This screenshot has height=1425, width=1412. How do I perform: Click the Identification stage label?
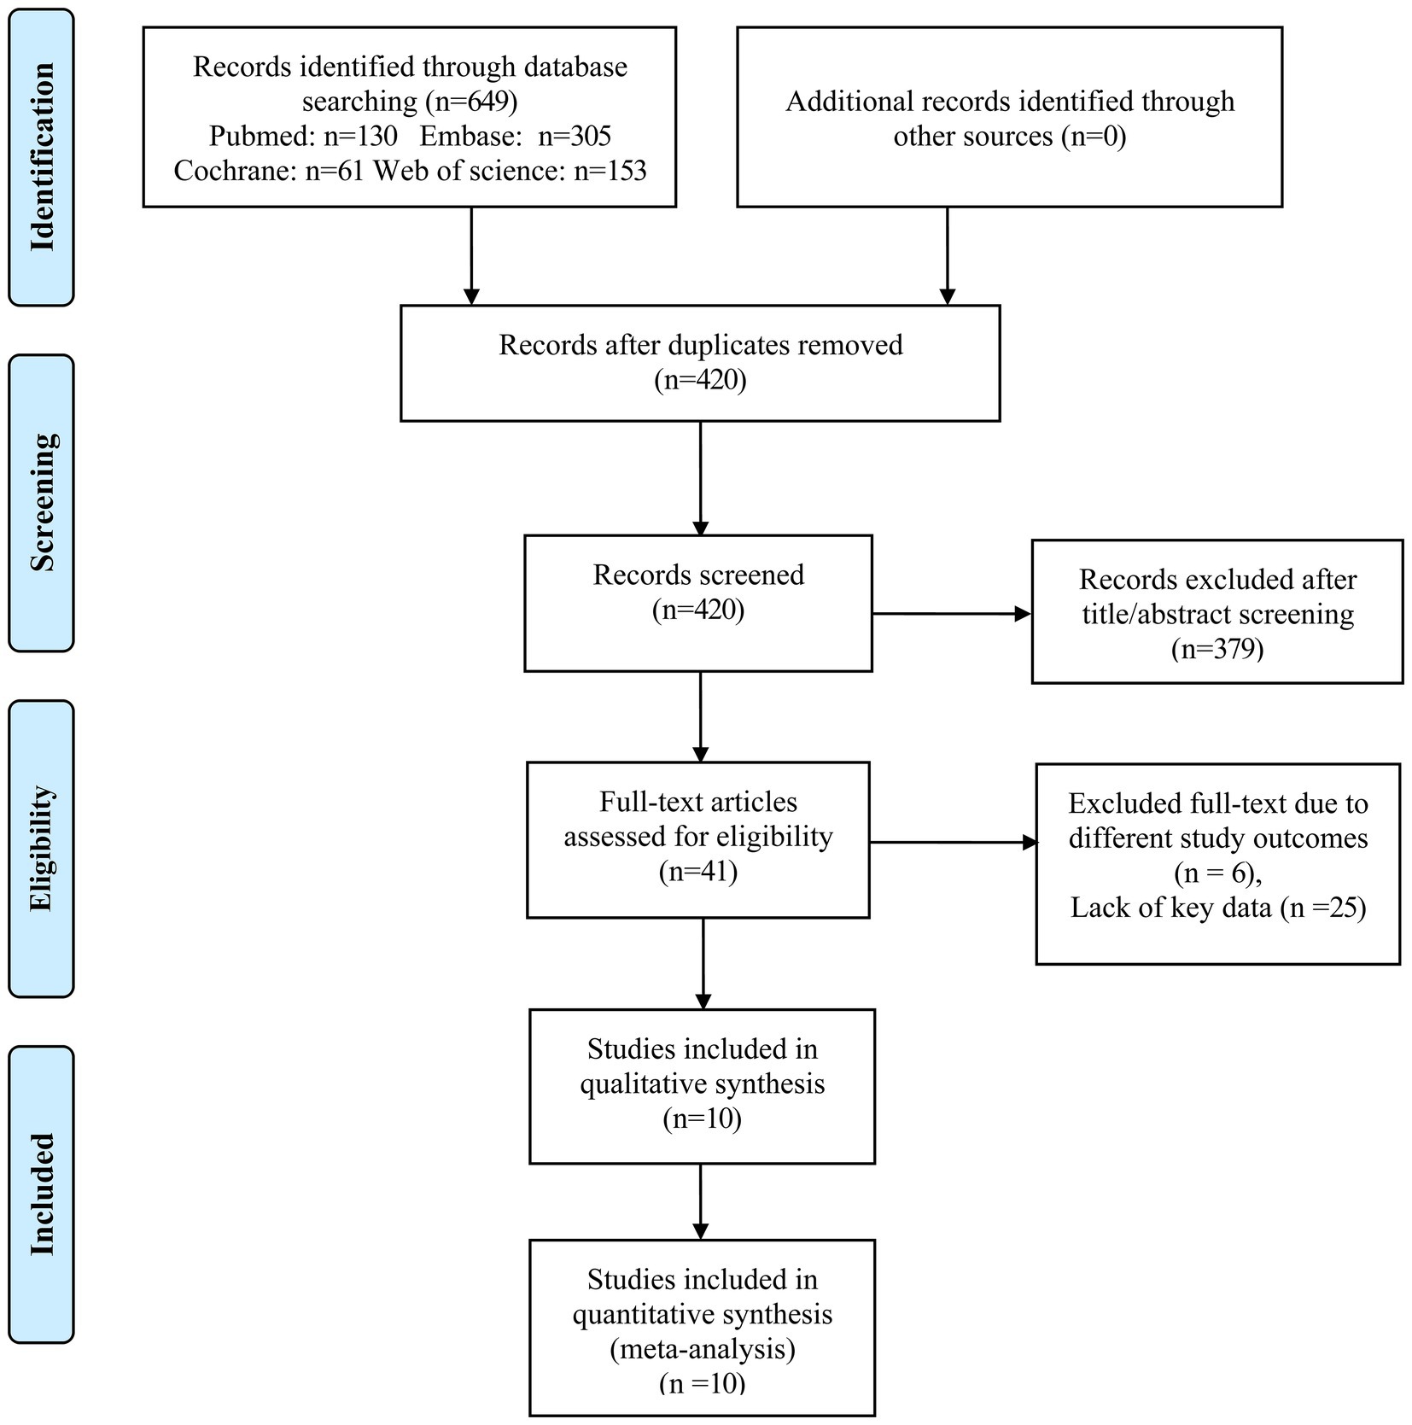point(42,157)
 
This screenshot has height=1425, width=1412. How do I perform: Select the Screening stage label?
point(42,503)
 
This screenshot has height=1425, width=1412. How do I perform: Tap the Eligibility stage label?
point(42,849)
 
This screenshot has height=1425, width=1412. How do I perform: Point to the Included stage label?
point(42,1194)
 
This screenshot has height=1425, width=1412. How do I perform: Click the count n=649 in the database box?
point(470,102)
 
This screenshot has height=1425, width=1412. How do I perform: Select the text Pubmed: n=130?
point(303,137)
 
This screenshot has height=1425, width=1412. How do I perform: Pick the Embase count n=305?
point(575,137)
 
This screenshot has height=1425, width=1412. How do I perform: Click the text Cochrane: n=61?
point(269,171)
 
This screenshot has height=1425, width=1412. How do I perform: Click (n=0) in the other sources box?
point(1094,137)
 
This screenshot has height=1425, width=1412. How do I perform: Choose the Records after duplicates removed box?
point(700,363)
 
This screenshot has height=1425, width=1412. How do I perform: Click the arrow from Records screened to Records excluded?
point(951,613)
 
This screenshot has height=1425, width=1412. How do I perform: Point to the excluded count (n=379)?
point(1217,649)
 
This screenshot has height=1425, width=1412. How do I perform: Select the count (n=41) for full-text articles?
point(698,871)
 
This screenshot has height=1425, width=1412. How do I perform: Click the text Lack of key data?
point(1171,907)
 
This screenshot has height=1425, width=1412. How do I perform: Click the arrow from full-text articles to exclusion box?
point(954,843)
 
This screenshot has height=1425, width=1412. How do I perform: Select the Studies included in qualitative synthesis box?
point(702,1086)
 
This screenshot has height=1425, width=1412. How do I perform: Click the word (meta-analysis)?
point(702,1349)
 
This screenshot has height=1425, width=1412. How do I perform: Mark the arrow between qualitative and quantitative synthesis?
point(701,1202)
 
